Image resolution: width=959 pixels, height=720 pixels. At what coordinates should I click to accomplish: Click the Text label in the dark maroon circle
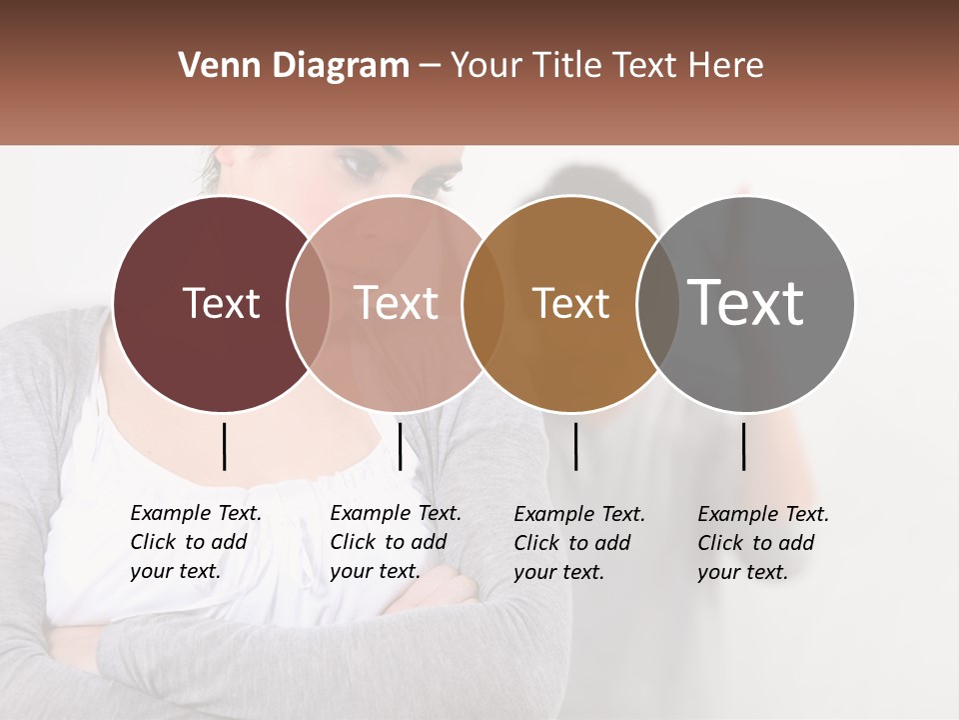point(221,303)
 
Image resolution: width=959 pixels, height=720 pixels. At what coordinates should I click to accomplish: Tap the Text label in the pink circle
point(397,303)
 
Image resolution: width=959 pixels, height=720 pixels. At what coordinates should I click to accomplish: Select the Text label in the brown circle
point(570,303)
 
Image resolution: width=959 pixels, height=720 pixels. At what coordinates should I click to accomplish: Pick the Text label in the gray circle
point(746,302)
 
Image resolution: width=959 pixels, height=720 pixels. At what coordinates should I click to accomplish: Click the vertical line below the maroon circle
point(224,446)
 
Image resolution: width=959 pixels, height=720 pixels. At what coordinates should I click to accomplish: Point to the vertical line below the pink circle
point(400,446)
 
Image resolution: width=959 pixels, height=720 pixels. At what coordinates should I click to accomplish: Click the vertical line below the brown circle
point(575,446)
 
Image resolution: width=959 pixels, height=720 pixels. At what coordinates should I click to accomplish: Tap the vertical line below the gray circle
point(743,446)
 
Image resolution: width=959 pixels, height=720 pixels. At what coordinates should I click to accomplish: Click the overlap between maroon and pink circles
point(309,304)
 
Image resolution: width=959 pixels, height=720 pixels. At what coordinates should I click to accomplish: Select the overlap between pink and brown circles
point(483,304)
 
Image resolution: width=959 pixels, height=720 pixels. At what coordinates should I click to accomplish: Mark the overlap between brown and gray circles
point(657,304)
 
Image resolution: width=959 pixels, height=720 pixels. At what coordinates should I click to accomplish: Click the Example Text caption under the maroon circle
point(196,542)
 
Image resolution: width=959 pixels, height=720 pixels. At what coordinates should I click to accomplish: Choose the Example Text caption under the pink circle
point(396,542)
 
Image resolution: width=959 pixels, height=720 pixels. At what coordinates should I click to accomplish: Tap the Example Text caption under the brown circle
point(579,543)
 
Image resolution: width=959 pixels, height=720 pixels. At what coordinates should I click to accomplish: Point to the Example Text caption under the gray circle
point(763,543)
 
